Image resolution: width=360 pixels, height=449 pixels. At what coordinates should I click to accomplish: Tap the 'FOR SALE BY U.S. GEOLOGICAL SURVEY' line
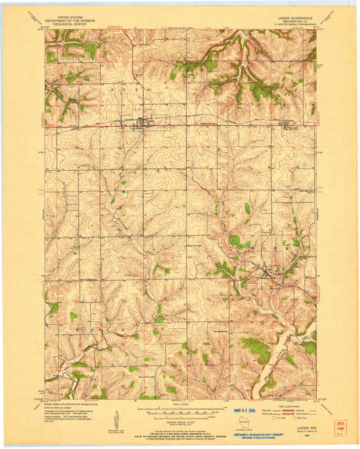click(180, 431)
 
